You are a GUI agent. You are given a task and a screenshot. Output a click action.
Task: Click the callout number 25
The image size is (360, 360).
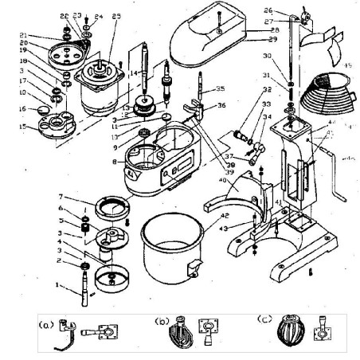tap(117, 16)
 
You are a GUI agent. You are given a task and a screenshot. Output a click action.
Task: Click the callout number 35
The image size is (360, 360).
tap(220, 89)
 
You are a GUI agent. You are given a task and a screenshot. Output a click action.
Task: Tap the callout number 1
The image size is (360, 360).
tap(57, 283)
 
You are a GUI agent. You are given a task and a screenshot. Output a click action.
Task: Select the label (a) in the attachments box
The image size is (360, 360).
tap(45, 325)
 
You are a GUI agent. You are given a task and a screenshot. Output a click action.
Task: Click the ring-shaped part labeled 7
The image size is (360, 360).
tap(107, 206)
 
